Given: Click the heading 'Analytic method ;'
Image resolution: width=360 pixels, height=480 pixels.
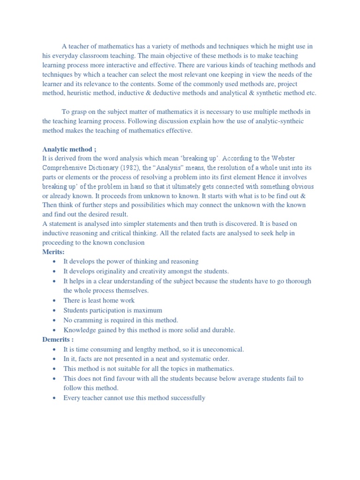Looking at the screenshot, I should [x=69, y=150].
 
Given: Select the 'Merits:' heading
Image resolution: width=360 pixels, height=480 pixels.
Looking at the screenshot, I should [x=53, y=252].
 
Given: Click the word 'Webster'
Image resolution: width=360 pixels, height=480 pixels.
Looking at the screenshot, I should [x=283, y=158].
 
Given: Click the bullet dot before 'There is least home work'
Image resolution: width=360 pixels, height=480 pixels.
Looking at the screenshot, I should [x=55, y=301].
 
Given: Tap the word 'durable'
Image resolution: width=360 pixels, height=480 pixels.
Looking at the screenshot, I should [x=223, y=330].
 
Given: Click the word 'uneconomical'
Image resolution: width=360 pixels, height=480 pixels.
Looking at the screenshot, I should [x=220, y=349].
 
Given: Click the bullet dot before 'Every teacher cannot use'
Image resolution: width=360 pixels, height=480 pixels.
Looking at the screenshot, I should [x=55, y=398].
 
